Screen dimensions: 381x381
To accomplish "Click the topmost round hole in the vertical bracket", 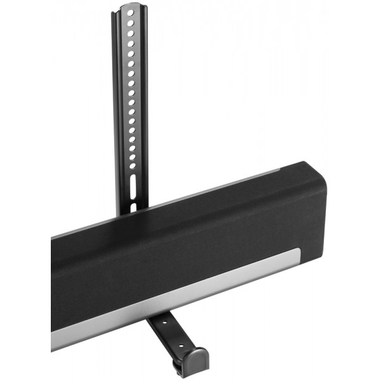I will pyautogui.click(x=130, y=12).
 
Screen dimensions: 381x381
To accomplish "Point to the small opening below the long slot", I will pyautogui.click(x=133, y=206).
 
